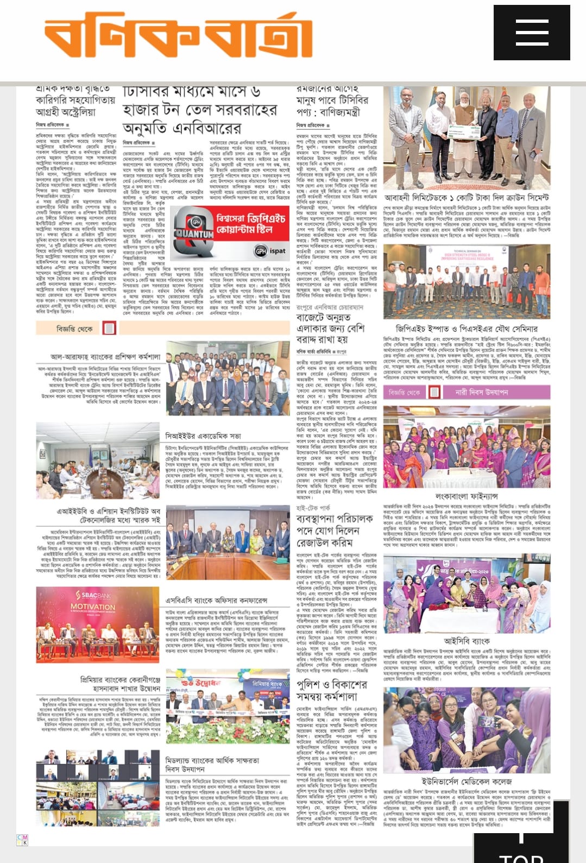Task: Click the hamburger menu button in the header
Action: click(x=531, y=33)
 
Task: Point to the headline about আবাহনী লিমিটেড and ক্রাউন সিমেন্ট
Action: click(x=467, y=198)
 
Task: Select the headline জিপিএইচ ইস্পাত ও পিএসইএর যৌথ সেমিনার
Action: click(x=467, y=329)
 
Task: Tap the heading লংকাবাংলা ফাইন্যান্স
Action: click(x=466, y=496)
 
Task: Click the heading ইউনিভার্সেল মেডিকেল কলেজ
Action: click(x=467, y=782)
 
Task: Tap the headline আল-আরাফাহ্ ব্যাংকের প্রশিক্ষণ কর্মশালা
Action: click(x=105, y=357)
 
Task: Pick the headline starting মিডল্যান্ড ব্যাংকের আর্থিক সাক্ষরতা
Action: click(x=212, y=765)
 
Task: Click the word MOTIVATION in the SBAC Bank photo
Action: click(x=93, y=607)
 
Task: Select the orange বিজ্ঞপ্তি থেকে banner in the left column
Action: click(x=76, y=329)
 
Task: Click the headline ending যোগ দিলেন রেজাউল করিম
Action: click(x=327, y=530)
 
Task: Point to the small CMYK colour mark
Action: click(x=23, y=840)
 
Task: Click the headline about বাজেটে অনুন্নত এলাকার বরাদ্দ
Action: click(x=330, y=328)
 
